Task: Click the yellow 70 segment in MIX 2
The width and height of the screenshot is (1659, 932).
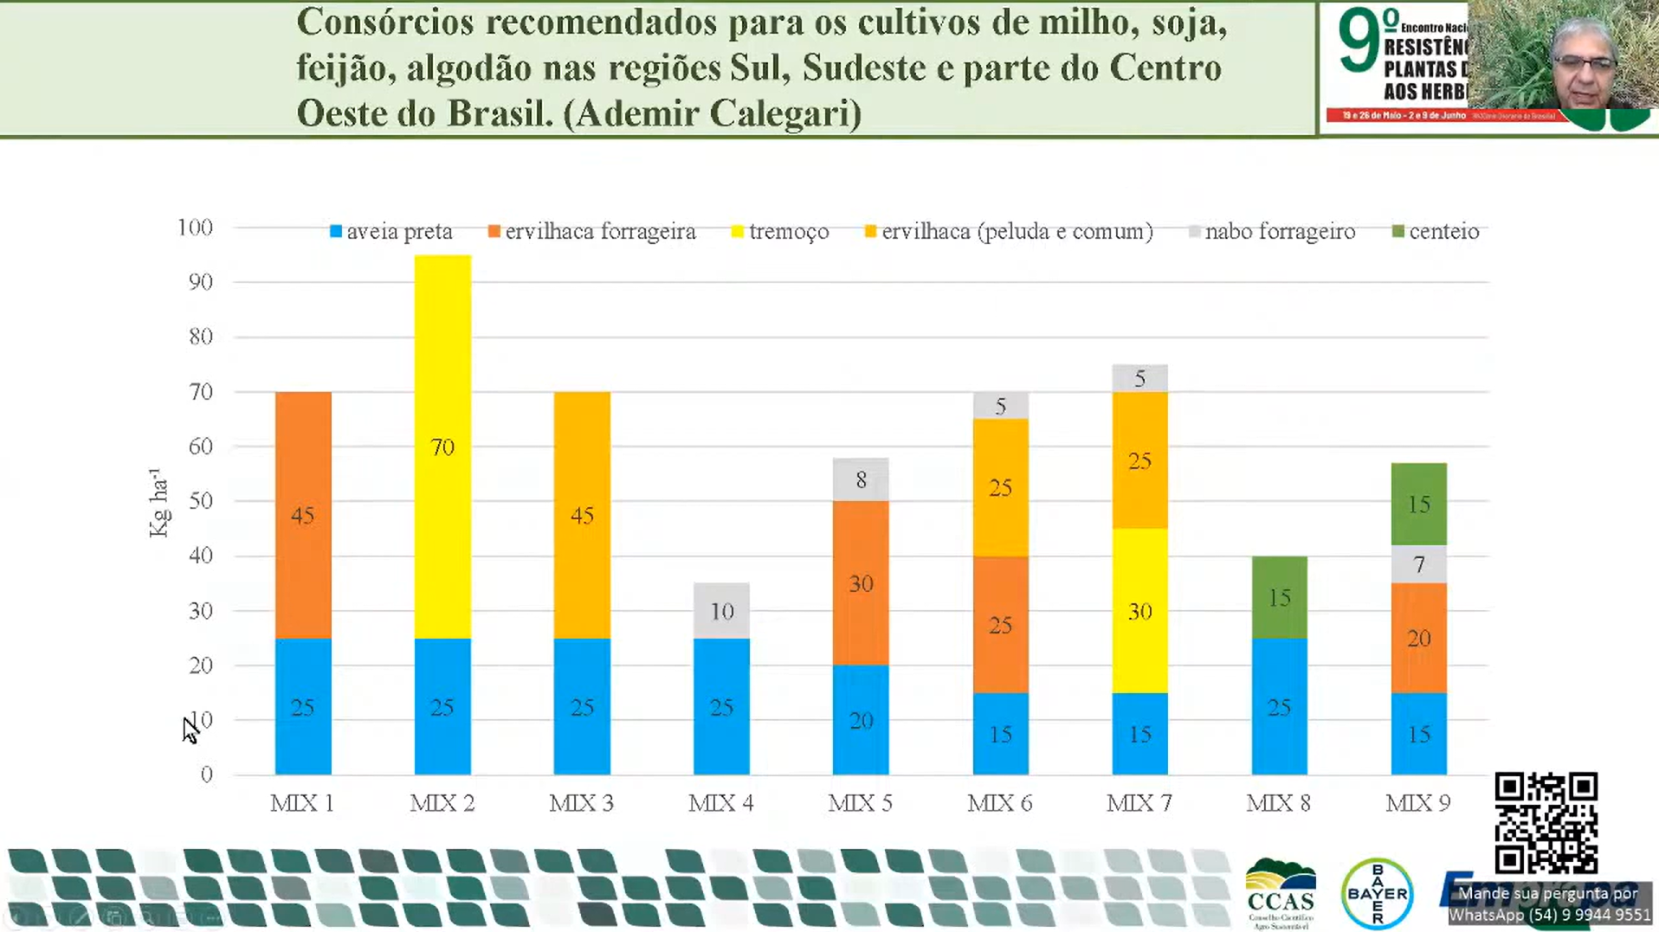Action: tap(442, 447)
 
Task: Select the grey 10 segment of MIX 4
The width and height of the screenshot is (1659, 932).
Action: tap(721, 611)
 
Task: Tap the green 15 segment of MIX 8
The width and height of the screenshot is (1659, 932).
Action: tap(1279, 597)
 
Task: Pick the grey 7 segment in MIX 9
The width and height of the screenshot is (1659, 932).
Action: tap(1418, 564)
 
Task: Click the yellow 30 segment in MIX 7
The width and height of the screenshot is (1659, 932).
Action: tap(1139, 611)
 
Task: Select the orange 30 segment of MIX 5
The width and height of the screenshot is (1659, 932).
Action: tap(861, 583)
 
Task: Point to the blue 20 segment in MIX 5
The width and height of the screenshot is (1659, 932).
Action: tap(861, 720)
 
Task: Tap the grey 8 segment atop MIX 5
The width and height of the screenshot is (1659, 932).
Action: tap(861, 479)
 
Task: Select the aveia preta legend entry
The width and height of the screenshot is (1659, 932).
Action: tap(391, 232)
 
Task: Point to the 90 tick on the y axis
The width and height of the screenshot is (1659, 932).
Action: tap(200, 282)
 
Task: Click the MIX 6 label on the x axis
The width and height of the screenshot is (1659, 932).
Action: tap(1000, 803)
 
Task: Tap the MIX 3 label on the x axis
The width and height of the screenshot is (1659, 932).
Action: tap(582, 803)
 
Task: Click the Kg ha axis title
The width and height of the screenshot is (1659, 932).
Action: tap(158, 503)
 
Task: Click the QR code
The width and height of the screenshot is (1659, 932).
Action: tap(1546, 823)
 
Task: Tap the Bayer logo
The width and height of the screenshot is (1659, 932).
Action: tap(1377, 893)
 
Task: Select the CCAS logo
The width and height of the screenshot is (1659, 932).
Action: tap(1281, 894)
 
